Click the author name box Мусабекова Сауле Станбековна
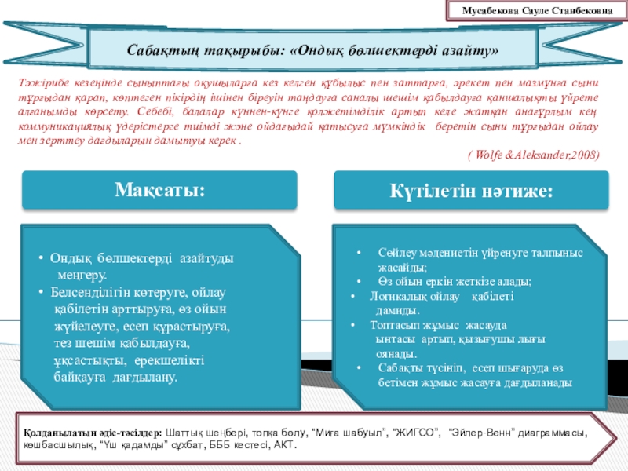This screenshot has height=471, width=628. (542, 12)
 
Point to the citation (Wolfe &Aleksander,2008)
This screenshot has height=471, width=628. (534, 155)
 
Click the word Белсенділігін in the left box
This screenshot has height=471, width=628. (88, 292)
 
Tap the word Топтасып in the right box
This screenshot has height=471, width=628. (400, 325)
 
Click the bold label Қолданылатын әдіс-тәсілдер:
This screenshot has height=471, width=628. (92, 433)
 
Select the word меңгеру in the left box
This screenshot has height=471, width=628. (80, 275)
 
